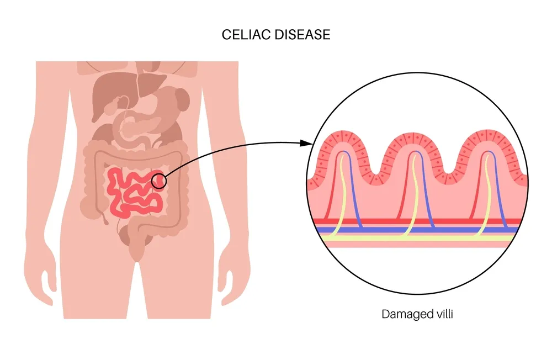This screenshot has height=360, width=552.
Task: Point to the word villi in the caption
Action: tap(442, 314)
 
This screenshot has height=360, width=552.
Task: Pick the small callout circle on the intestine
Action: tap(159, 181)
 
